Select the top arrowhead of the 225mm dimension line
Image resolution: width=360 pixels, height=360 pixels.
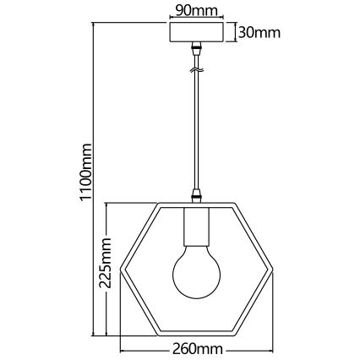[x=106, y=208]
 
